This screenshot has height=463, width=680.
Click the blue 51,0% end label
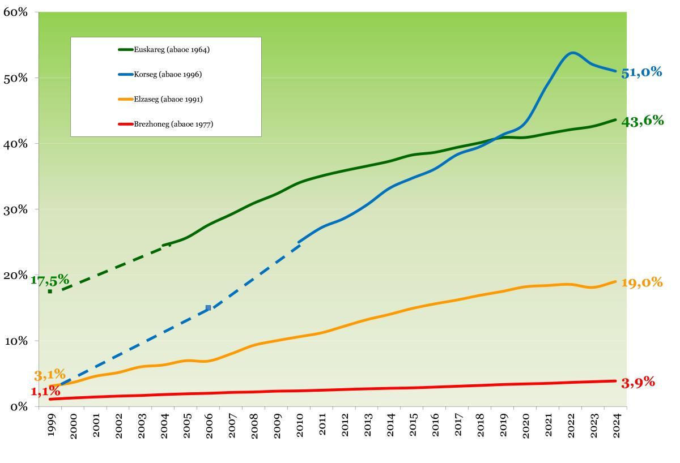[641, 72]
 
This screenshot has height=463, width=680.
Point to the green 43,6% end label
[642, 121]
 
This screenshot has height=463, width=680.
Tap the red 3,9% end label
[638, 383]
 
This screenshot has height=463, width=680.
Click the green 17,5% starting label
[50, 281]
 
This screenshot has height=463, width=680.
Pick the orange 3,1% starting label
[50, 375]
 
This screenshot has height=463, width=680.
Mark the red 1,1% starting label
[45, 391]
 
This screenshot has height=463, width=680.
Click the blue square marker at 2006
[208, 308]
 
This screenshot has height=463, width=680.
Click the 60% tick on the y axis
[15, 11]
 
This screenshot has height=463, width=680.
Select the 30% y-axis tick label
[15, 209]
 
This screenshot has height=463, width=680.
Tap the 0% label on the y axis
[18, 406]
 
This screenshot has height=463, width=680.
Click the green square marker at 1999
[50, 291]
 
